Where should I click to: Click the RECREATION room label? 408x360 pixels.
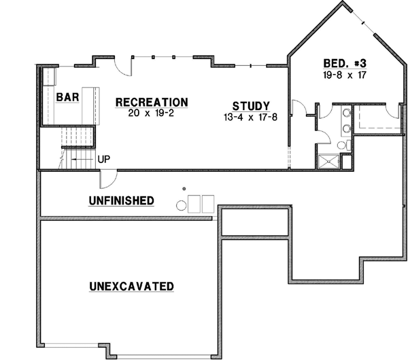[x=152, y=102]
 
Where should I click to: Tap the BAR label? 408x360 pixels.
[x=68, y=98]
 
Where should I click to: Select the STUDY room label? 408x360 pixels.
[x=251, y=106]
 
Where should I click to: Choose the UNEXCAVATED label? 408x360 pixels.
[x=131, y=286]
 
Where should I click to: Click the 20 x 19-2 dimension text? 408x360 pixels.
[x=152, y=113]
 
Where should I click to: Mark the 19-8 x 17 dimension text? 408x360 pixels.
[x=345, y=75]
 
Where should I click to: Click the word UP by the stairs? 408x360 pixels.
[x=105, y=160]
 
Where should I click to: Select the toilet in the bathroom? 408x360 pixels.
[x=342, y=145]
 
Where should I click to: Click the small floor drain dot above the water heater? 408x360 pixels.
[x=184, y=187]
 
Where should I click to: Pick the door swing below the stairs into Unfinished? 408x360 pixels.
[x=107, y=180]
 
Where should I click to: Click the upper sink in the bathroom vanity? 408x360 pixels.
[x=347, y=113]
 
